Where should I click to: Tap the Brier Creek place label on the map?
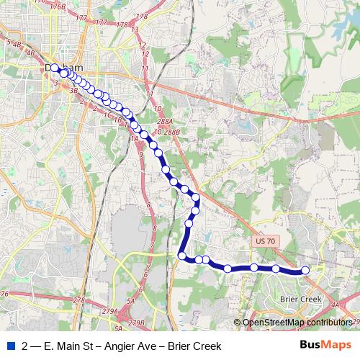pos(304,297)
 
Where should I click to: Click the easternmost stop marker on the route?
pos(305,270)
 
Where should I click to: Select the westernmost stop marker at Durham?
pos(55,68)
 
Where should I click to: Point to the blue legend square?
pos(9,346)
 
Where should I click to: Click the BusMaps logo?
pos(325,346)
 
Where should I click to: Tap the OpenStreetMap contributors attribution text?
pos(297,322)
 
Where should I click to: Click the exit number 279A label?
pos(109,310)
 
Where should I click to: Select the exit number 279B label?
pos(135,322)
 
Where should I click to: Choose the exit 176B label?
pos(58,6)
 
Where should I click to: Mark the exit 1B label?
pos(119,120)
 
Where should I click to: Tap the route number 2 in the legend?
pos(26,346)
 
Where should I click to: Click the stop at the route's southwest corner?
pos(182,256)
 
